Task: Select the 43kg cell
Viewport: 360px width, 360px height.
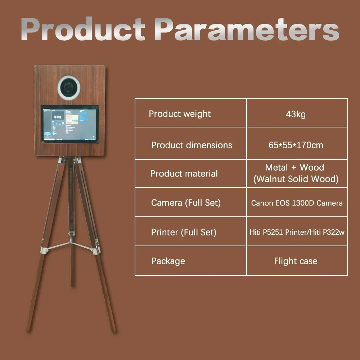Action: click(296, 114)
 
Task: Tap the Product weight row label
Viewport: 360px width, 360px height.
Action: click(180, 114)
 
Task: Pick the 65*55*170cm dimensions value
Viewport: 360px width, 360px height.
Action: click(296, 145)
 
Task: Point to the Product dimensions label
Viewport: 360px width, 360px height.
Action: click(192, 145)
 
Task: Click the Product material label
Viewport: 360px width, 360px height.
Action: click(184, 174)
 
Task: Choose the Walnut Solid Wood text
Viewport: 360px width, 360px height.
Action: click(296, 179)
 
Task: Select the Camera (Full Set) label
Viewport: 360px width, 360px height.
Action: click(186, 203)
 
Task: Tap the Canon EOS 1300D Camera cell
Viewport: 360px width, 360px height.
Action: click(297, 203)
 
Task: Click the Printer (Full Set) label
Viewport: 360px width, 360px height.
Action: click(184, 232)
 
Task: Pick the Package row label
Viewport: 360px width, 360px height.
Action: click(168, 261)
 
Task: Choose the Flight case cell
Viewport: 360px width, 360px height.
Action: click(296, 261)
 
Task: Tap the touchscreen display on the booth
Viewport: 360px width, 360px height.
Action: click(70, 124)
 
